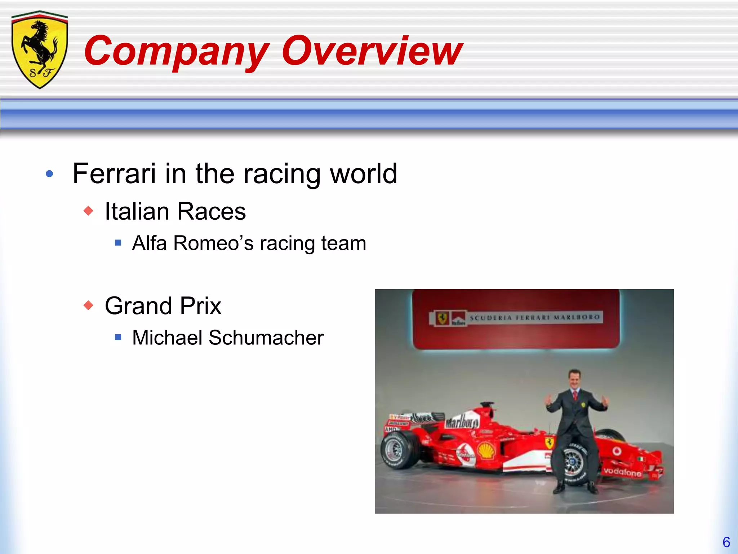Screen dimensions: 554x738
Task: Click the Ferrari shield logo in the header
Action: pos(40,50)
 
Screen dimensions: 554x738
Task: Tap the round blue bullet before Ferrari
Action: pos(50,174)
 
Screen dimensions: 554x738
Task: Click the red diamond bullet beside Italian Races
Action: pos(88,211)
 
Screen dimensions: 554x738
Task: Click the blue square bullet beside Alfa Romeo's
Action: pos(118,243)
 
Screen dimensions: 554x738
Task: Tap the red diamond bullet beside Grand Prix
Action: pos(88,305)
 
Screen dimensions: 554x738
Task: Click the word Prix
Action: pos(201,306)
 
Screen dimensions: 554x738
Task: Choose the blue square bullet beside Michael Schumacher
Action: pos(118,338)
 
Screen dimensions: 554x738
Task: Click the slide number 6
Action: pos(726,542)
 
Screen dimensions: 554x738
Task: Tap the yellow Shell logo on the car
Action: pos(486,451)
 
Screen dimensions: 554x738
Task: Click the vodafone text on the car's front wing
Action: pos(622,471)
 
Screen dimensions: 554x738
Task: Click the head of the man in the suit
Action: pos(575,380)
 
